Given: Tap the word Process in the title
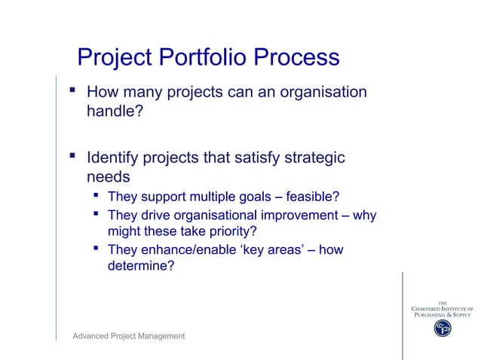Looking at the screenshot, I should pyautogui.click(x=296, y=57).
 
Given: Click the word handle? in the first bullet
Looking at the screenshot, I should pyautogui.click(x=115, y=112).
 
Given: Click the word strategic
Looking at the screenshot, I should pyautogui.click(x=313, y=158).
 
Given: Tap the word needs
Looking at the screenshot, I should pyautogui.click(x=108, y=178).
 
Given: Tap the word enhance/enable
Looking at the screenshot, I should pyautogui.click(x=186, y=250).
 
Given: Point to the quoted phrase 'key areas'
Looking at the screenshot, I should pyautogui.click(x=276, y=250).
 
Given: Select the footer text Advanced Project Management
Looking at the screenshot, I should pyautogui.click(x=128, y=336).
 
